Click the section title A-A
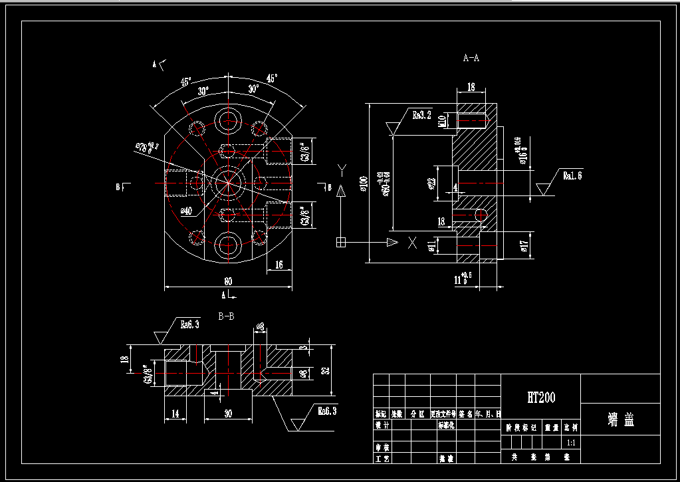click(471, 59)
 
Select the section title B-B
click(226, 316)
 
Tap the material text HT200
click(541, 398)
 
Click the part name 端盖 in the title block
click(621, 420)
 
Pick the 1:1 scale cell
click(570, 442)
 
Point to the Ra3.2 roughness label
click(422, 115)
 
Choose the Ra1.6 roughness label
click(572, 176)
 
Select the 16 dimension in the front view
click(279, 265)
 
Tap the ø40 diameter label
click(186, 211)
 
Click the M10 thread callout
click(442, 120)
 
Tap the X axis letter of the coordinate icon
click(413, 243)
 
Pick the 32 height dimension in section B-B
click(326, 370)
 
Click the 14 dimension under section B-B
click(175, 414)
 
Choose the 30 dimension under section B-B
click(228, 414)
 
